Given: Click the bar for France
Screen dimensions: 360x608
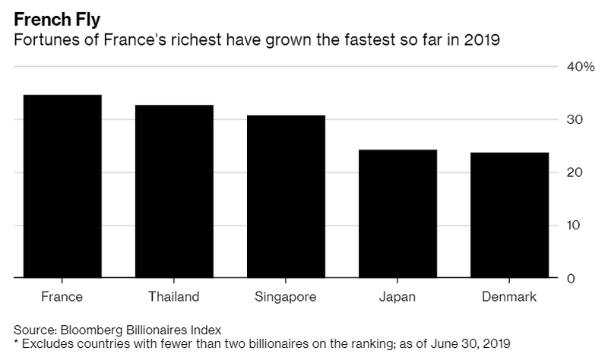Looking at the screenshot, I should coord(62,187).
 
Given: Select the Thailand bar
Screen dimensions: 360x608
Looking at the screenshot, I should coord(174,191).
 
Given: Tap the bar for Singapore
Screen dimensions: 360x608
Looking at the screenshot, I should coord(286,197).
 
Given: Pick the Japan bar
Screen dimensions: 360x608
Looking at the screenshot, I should coord(397,214).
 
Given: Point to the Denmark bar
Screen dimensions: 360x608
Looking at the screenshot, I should coord(509,216).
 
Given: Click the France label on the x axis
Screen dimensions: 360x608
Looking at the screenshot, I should coord(62,296).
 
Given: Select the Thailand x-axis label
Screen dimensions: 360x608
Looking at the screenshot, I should coord(174,296).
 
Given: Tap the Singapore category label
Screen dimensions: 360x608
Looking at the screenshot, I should coord(286,296).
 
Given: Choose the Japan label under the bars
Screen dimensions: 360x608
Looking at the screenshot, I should coord(397,296).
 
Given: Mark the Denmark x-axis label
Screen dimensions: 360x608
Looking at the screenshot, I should coord(509,296).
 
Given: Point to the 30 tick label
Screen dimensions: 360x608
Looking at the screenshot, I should coord(575,120).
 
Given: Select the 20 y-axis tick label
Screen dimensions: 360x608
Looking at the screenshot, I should coord(575,173).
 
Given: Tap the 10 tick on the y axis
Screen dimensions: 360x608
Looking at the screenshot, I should coord(575,226).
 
